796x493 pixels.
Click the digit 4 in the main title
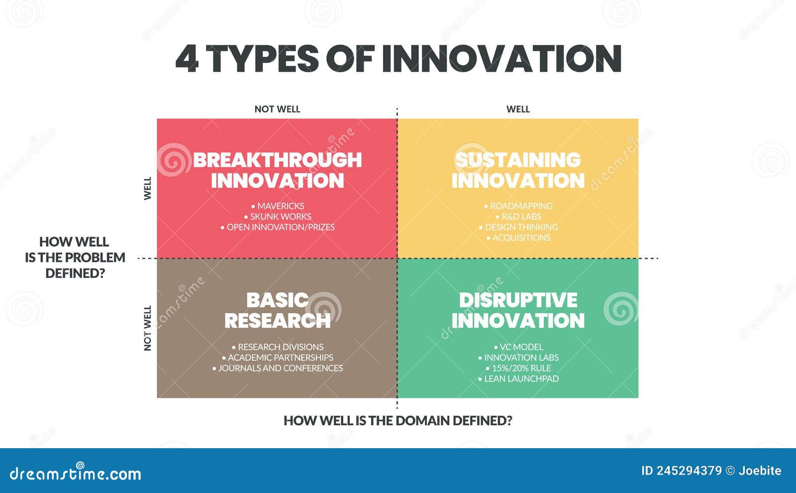click(187, 59)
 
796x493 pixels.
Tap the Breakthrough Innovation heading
click(278, 170)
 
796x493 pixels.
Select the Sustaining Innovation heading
click(518, 170)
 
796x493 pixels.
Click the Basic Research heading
click(278, 310)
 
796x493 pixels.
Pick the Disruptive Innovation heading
click(518, 310)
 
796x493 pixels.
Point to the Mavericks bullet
click(278, 206)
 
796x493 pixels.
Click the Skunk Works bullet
click(278, 217)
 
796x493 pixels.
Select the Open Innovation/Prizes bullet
click(278, 227)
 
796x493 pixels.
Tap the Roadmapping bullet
click(518, 206)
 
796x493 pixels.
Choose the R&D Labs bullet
click(518, 217)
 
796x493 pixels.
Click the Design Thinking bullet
click(518, 227)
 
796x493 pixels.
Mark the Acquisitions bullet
click(518, 238)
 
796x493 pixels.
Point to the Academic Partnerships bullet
click(278, 358)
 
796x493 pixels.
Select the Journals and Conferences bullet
click(278, 368)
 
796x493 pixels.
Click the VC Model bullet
click(518, 347)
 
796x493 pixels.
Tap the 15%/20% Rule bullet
click(518, 368)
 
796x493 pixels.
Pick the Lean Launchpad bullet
click(518, 379)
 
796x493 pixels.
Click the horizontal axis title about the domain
click(398, 421)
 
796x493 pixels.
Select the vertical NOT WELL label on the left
click(147, 328)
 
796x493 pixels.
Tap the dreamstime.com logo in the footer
click(75, 473)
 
